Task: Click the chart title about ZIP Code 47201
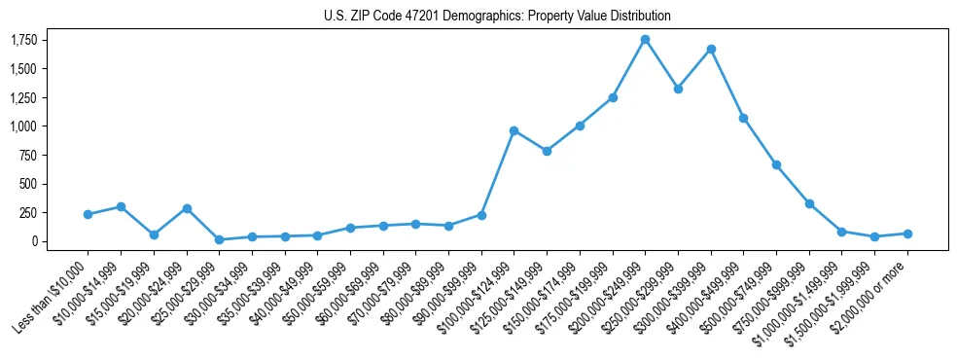pos(498,17)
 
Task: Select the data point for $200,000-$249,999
pos(645,40)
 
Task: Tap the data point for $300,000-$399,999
pos(711,49)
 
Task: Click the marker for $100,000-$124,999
pos(514,130)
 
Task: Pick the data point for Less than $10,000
pos(88,214)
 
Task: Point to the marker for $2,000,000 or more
pos(907,234)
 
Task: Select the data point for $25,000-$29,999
pos(219,239)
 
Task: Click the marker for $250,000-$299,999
pos(678,89)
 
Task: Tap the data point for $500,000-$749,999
pos(776,164)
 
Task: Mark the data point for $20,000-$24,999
pos(186,208)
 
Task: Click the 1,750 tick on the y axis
pos(24,40)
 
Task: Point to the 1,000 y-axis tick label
pos(24,126)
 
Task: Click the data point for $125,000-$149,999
pos(547,151)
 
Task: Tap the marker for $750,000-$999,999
pos(809,203)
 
